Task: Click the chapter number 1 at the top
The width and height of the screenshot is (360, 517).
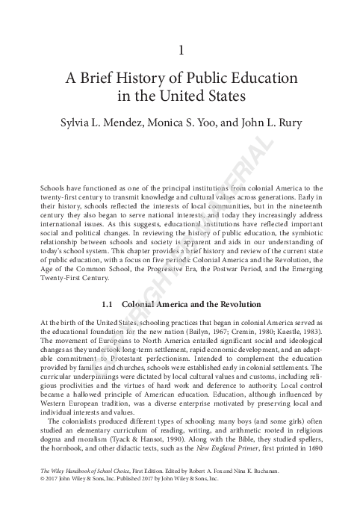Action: coord(180,51)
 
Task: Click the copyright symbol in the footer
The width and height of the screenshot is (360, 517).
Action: coord(33,480)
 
